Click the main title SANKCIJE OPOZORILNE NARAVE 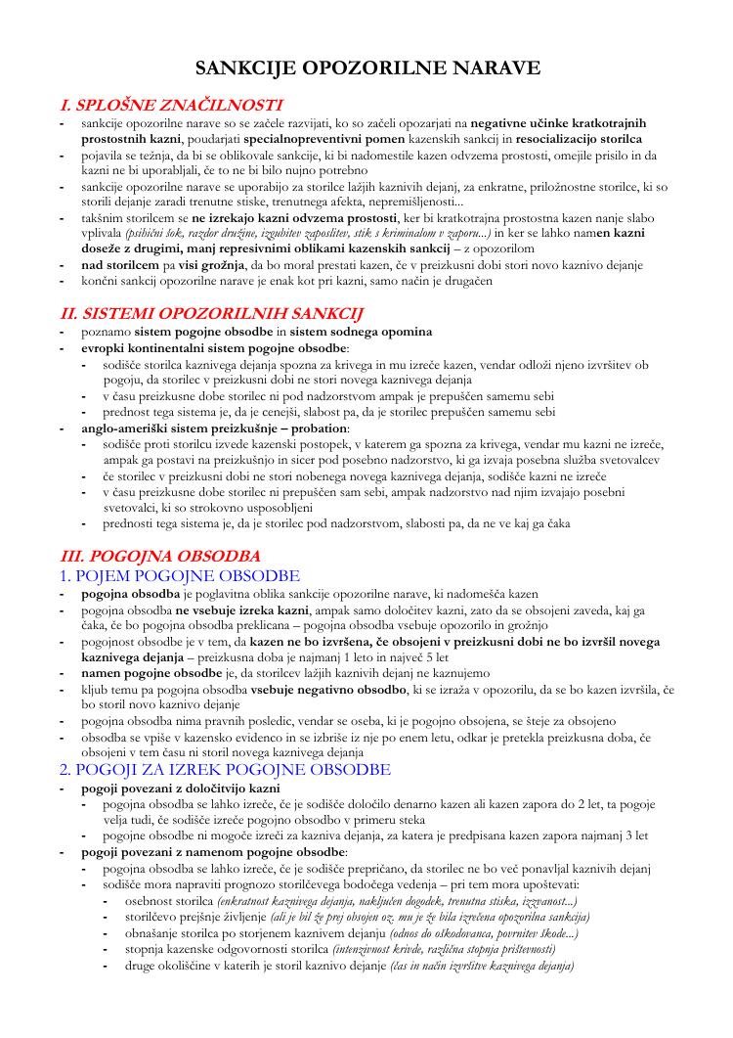(367, 68)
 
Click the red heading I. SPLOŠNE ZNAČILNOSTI (172, 105)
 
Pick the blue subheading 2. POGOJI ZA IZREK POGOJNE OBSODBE (226, 770)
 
